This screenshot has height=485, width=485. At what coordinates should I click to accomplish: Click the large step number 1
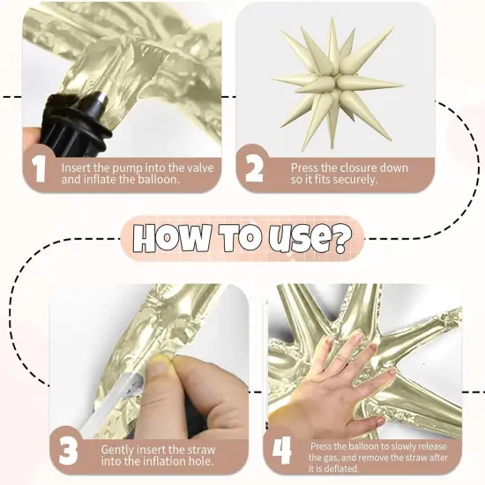(x=40, y=168)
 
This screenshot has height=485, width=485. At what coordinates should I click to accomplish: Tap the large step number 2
(x=254, y=168)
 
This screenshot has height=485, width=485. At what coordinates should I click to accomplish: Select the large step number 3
(x=68, y=451)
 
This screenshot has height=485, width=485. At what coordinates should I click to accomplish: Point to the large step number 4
(x=282, y=451)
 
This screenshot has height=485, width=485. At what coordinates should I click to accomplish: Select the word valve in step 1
(x=201, y=168)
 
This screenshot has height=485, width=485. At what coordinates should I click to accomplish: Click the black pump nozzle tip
(x=101, y=100)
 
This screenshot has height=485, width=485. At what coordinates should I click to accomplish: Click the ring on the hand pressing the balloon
(x=342, y=359)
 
